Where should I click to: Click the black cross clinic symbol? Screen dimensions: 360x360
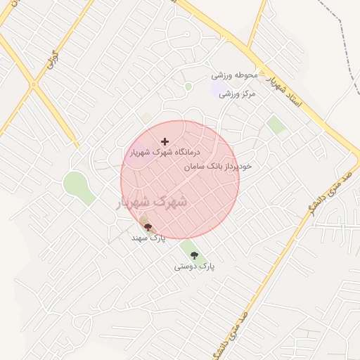point(165,141)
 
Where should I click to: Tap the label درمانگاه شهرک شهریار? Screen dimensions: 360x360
point(165,152)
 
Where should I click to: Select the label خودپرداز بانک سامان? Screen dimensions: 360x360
point(218,167)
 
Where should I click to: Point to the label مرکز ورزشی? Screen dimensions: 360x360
point(238,93)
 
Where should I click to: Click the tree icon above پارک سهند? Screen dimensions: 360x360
point(148,227)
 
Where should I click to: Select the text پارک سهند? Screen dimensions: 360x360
point(148,238)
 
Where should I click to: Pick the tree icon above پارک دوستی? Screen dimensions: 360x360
point(194,255)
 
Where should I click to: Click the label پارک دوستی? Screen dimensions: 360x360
point(194,266)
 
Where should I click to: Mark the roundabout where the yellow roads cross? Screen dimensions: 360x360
point(33,84)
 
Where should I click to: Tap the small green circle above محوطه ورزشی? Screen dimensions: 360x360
point(188,86)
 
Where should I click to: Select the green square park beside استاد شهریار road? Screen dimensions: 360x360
point(277,125)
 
